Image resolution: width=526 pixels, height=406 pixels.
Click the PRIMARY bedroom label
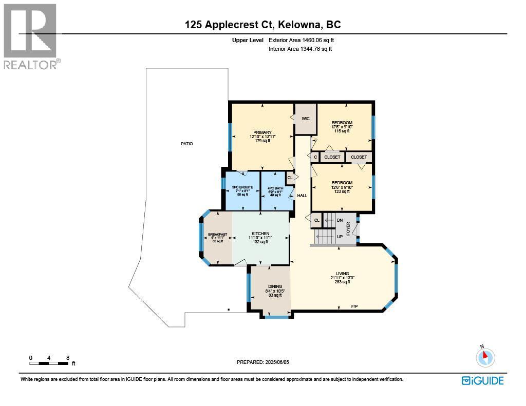[262, 132]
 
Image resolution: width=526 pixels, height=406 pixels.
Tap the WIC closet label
[306, 119]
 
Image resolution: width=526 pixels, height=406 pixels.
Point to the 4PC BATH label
[275, 188]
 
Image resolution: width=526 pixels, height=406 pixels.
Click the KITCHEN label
[260, 234]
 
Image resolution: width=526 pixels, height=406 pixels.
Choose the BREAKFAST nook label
[217, 235]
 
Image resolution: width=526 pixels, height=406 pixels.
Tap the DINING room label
[275, 286]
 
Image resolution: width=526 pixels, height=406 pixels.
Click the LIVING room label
[342, 274]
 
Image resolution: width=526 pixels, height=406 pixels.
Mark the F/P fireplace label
[354, 306]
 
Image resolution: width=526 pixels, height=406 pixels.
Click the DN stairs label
[340, 220]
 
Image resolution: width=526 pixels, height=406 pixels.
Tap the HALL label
[302, 196]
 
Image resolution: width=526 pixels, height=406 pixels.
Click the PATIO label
[186, 144]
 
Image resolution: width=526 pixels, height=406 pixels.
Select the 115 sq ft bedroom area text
[342, 131]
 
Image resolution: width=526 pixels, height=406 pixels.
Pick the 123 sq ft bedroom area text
[342, 192]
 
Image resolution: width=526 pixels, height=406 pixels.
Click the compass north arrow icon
[485, 357]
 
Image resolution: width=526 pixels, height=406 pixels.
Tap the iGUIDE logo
[482, 380]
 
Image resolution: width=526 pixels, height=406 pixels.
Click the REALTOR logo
[30, 36]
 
